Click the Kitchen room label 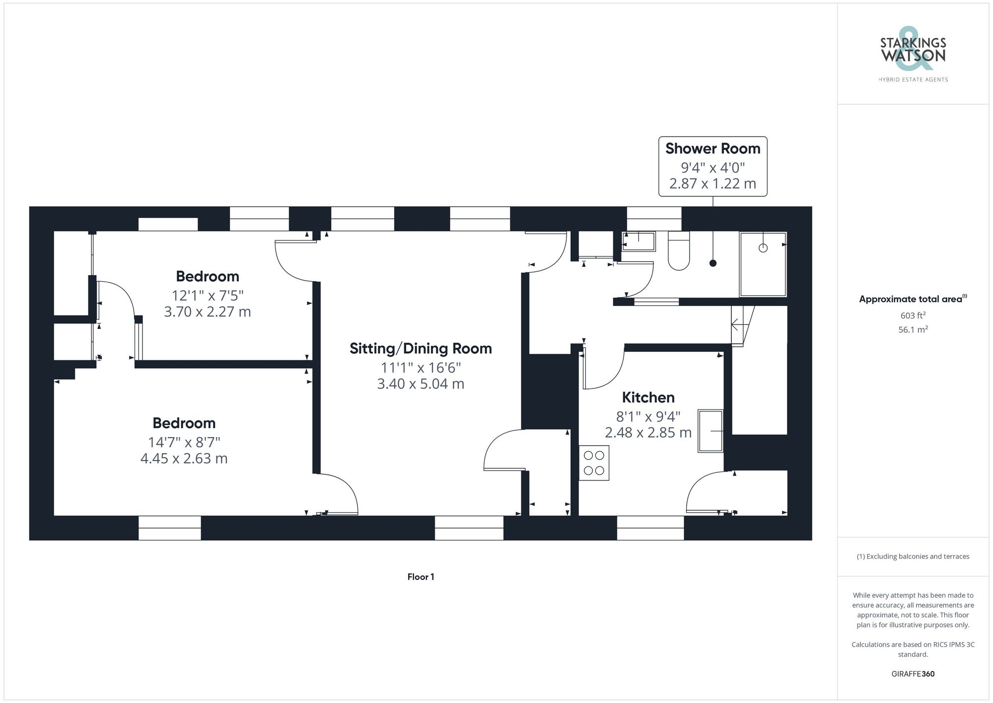coord(648,397)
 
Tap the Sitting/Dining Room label coord(421,349)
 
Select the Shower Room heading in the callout coord(712,149)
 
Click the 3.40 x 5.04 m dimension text coord(421,384)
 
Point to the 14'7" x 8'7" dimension coord(184,442)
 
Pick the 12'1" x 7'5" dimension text coord(208,295)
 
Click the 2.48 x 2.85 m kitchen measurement coord(648,432)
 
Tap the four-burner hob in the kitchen coord(594,463)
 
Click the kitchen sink coord(710,431)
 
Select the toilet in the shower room coord(679,251)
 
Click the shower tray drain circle coord(763,248)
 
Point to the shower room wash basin coord(639,242)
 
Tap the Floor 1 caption coord(421,577)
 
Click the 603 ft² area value coord(913,315)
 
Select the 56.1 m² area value coord(913,329)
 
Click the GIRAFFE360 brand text coord(913,674)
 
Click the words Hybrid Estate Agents coord(913,79)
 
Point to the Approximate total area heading coord(913,299)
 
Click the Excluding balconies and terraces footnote coord(913,556)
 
